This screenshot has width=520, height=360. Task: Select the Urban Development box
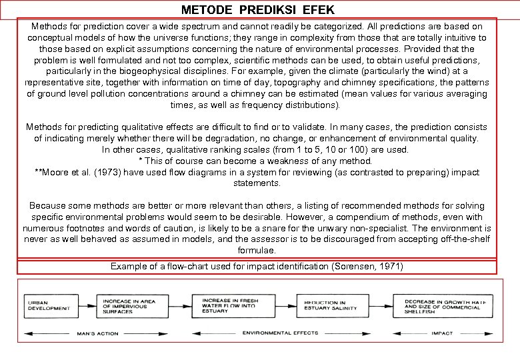coord(49,305)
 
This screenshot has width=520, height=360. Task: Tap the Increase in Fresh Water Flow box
coord(231,305)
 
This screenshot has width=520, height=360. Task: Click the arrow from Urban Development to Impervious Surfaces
coord(85,305)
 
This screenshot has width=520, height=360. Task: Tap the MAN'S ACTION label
coord(97,333)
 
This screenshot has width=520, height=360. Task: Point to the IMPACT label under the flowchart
coord(442,333)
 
